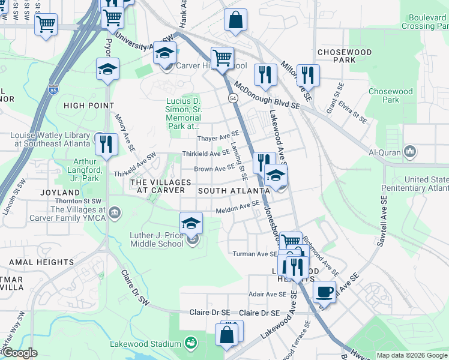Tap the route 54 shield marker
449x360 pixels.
click(232, 97)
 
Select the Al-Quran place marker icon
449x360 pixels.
click(411, 151)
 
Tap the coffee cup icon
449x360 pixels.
click(324, 292)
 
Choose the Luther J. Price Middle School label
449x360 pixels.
click(157, 240)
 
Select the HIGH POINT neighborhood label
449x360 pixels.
click(89, 106)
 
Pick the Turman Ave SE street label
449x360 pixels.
click(255, 254)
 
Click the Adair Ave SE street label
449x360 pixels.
click(268, 294)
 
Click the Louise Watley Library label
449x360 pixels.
click(49, 139)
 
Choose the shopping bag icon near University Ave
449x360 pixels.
click(237, 19)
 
